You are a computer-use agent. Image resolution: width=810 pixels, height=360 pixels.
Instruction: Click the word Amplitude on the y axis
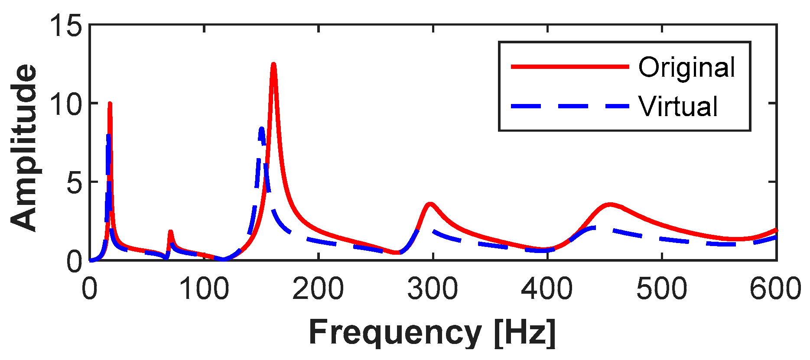(x=24, y=147)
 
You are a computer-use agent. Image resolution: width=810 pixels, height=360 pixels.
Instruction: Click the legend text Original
(x=686, y=68)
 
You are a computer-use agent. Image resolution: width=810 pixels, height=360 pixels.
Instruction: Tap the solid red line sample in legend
(x=569, y=67)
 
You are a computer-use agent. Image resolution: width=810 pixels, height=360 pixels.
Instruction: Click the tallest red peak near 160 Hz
(x=273, y=65)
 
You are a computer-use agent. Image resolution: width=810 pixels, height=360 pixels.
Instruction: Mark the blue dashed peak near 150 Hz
(x=261, y=129)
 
